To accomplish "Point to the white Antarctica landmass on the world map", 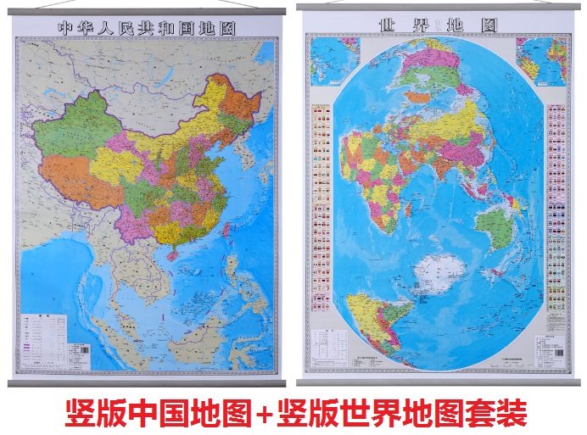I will click(x=439, y=274).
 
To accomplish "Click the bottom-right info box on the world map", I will click(x=549, y=349).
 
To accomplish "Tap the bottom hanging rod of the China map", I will click(x=147, y=382).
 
